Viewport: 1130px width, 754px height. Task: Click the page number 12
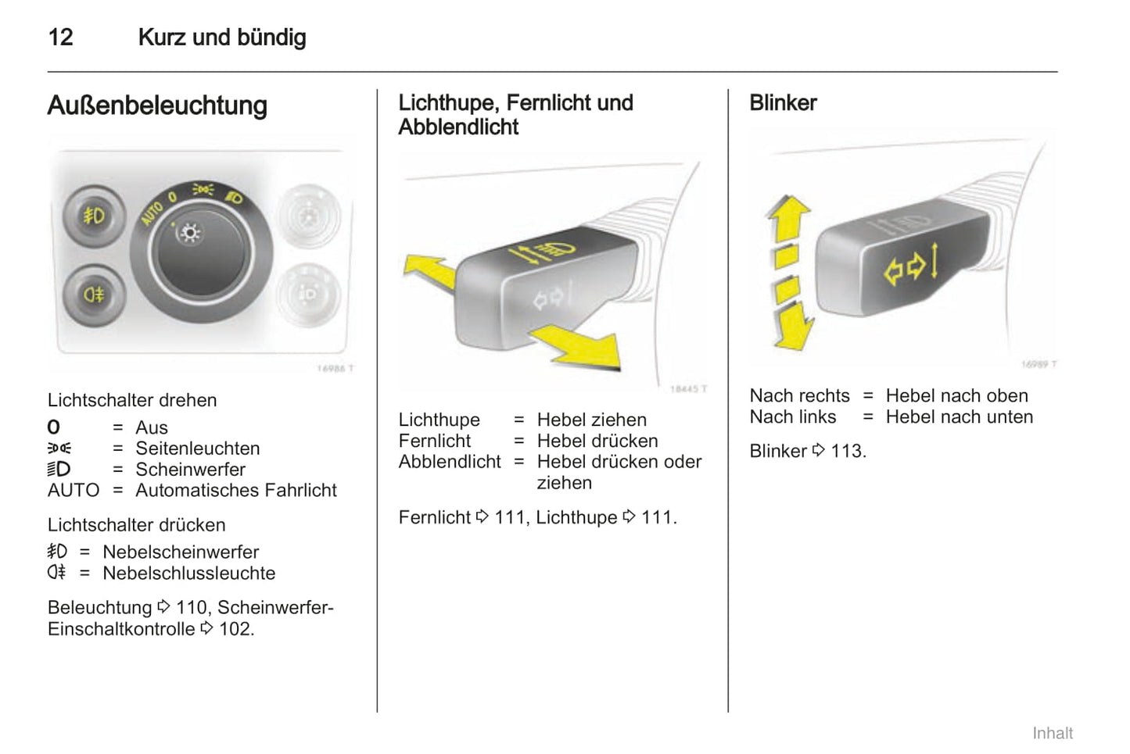tap(60, 38)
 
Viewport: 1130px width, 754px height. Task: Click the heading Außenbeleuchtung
tap(157, 105)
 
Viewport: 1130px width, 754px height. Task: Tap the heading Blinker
tap(783, 103)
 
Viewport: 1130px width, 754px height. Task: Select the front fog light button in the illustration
tap(95, 216)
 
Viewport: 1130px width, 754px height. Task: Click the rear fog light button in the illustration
tap(95, 295)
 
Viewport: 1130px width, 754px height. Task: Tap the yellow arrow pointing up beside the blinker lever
tap(788, 218)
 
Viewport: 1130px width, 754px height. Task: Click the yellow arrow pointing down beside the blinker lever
tap(792, 325)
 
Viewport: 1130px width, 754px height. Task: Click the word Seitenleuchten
tap(197, 448)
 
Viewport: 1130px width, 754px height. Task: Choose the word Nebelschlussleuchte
tap(189, 573)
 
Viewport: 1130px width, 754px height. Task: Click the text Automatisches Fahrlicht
tap(236, 490)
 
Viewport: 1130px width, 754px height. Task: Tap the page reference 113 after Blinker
tap(847, 451)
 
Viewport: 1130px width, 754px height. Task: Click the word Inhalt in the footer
tap(1052, 733)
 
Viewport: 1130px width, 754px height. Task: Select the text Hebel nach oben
tap(956, 395)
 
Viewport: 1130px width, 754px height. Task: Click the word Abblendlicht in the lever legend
tap(450, 462)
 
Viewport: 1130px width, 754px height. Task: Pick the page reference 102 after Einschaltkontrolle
tap(235, 629)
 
